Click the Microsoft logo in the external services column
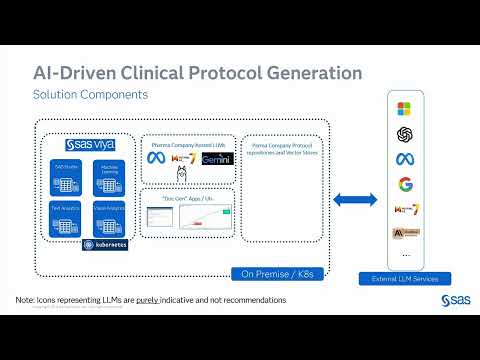click(405, 108)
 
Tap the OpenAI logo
click(405, 133)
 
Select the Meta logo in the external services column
click(405, 159)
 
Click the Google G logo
click(405, 184)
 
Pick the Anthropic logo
click(405, 232)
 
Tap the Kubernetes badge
click(104, 244)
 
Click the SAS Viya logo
click(92, 145)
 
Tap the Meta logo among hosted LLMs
click(157, 159)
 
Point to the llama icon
click(182, 177)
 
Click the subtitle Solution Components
click(91, 94)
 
